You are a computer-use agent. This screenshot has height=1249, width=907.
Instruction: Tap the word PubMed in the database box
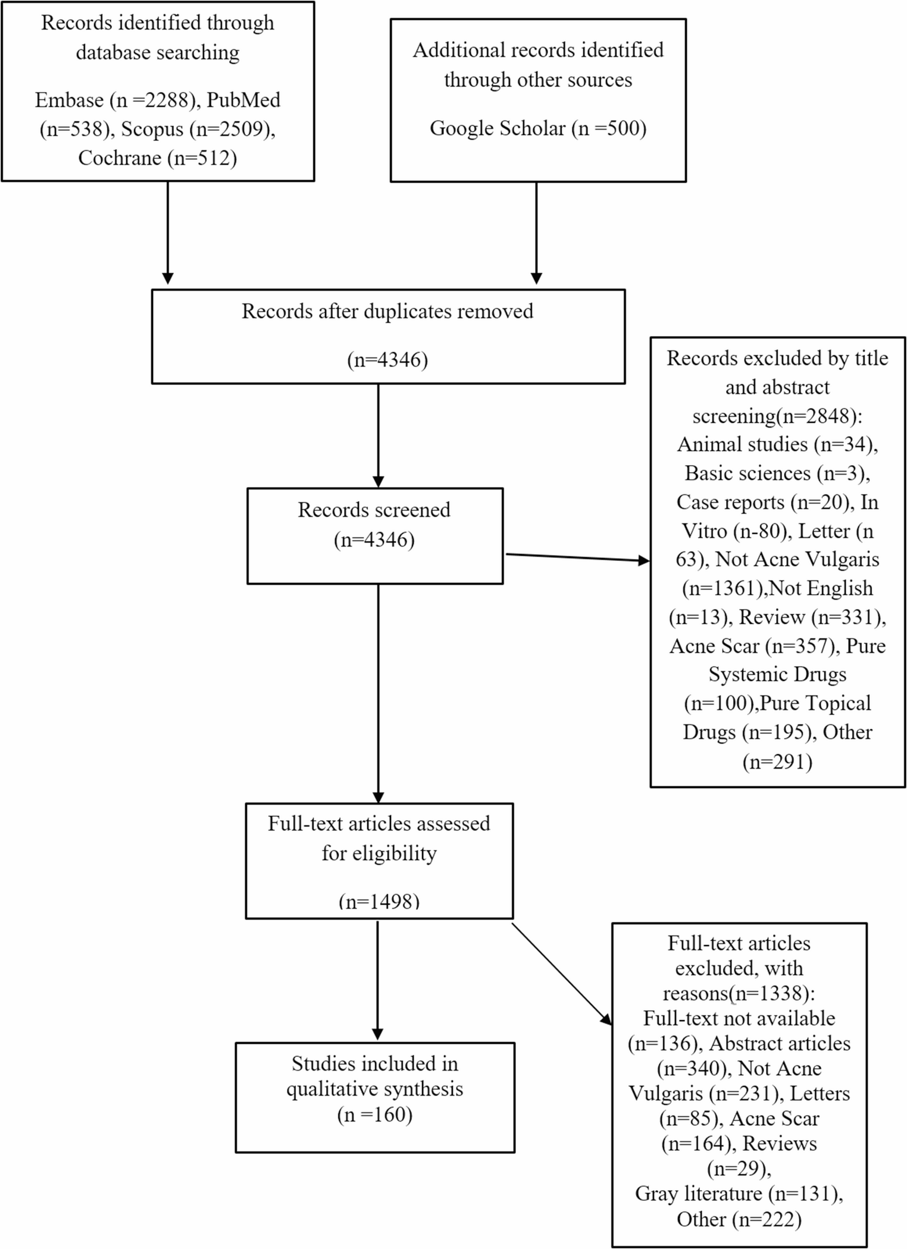point(243,100)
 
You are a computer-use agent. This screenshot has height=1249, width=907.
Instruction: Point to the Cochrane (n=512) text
point(158,158)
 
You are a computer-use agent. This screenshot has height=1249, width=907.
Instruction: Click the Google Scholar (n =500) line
point(538,128)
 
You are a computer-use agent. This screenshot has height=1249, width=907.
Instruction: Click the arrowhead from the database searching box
point(168,278)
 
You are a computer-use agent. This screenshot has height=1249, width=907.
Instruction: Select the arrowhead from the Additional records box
point(536,278)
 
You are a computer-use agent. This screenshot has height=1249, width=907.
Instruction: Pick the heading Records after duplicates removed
point(387,311)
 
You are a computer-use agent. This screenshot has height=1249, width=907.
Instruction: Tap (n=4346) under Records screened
point(374,539)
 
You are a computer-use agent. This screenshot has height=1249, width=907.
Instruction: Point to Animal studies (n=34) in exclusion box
point(777,444)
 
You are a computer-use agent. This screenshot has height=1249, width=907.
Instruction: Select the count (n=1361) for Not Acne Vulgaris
point(723,588)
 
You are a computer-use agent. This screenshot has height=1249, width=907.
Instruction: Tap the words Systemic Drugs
point(777,674)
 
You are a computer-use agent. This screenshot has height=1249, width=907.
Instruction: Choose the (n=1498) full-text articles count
point(379,901)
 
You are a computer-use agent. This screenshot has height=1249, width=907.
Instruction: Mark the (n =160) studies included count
point(374,1114)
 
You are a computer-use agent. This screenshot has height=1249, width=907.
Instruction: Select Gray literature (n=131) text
point(739,1194)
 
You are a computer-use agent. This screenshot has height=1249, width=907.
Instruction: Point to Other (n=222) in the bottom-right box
point(739,1219)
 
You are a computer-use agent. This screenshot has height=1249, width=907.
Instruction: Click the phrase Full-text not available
point(739,1018)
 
